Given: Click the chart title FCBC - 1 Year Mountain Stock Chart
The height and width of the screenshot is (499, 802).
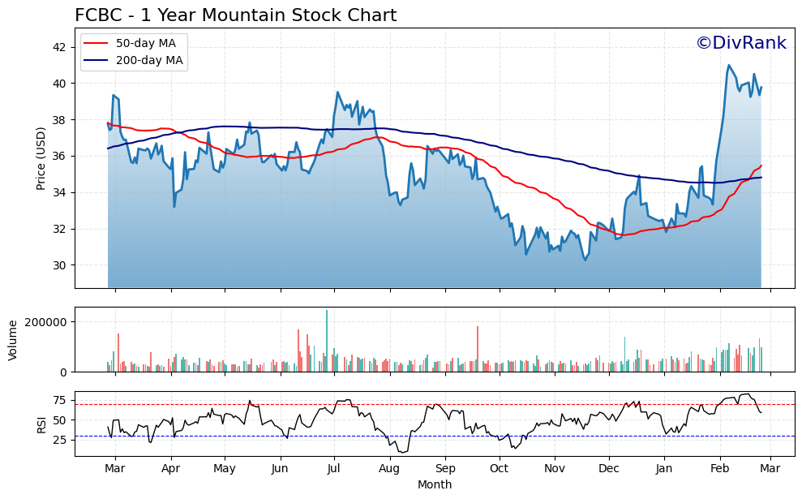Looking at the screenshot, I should point(235,15).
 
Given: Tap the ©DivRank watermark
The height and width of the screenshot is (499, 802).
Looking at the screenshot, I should point(740,43).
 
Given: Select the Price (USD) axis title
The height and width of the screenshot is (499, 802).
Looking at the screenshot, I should point(41,158).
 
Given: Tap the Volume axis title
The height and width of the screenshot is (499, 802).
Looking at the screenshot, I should point(13,339).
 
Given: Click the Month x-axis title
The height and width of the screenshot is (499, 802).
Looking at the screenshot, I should point(435,484).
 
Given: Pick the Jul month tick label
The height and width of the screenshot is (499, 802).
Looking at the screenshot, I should point(334,468).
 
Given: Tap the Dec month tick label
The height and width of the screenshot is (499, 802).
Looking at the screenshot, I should point(609,468).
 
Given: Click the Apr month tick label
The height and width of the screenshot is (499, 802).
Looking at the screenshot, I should point(170,468).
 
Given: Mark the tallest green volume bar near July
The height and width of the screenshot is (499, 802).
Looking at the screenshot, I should point(327,341).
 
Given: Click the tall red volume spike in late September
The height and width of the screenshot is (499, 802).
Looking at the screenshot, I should point(478,349).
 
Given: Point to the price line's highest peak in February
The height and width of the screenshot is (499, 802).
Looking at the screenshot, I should point(729,66).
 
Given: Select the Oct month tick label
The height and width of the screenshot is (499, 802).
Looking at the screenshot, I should point(499,468).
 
